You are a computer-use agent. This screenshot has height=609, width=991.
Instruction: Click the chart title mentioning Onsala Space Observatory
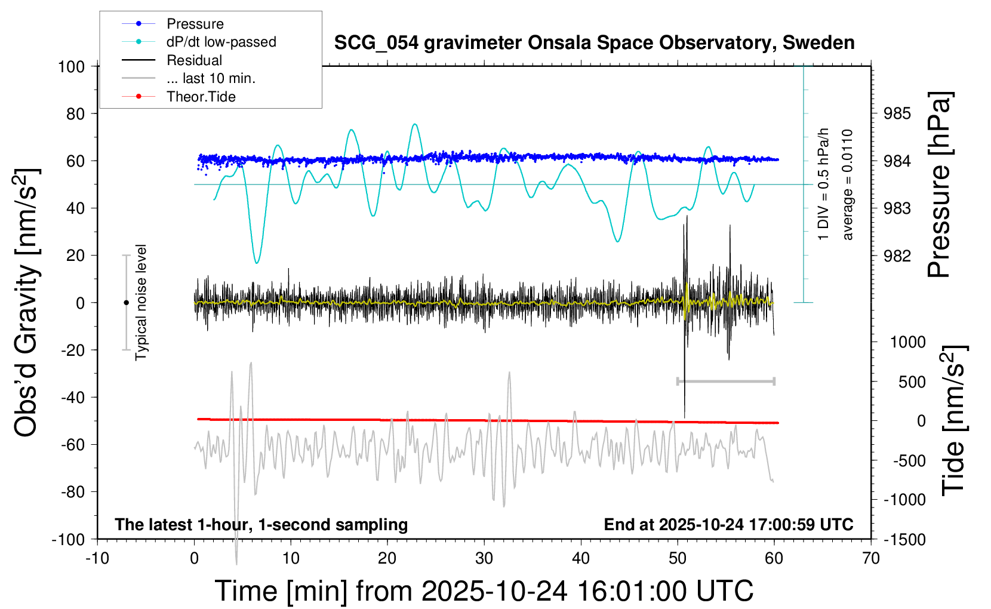click(594, 43)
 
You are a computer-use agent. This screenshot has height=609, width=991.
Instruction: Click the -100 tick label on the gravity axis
click(68, 539)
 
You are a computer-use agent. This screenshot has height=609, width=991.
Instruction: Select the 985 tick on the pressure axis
click(897, 113)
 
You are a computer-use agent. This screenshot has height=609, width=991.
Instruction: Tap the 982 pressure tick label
click(897, 256)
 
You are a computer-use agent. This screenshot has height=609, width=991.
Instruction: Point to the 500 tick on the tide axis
click(912, 382)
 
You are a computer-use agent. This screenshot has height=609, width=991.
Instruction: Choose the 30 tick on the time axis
click(484, 559)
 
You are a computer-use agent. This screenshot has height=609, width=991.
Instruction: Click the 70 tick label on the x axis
click(871, 559)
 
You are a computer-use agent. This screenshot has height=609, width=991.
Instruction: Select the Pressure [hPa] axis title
click(940, 184)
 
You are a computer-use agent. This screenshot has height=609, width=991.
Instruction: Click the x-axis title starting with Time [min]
click(484, 591)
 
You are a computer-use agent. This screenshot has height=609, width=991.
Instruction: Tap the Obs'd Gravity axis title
click(26, 303)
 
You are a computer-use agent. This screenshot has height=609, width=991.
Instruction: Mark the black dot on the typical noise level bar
click(126, 303)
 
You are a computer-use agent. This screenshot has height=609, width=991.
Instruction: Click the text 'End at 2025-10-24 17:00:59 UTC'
click(728, 524)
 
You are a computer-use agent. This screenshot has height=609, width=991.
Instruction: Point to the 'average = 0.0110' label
click(847, 184)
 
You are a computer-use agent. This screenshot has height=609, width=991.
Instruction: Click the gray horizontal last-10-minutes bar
click(725, 381)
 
